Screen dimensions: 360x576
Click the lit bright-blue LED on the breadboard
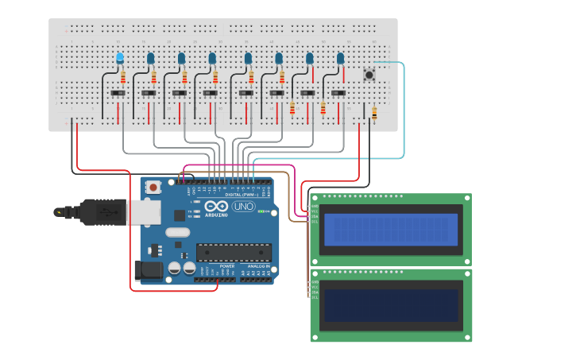tap(120, 58)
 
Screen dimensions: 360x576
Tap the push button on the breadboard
tap(369, 75)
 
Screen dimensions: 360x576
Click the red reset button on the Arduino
tap(153, 187)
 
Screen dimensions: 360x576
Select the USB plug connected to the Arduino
tap(99, 212)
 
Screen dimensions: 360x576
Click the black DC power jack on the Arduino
tap(148, 270)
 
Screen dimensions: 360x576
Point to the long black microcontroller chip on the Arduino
tap(234, 253)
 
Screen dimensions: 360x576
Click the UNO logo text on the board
tap(242, 207)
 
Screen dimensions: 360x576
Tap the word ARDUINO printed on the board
tap(216, 215)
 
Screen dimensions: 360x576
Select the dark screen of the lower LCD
tap(390, 304)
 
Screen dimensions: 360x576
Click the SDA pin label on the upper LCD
tap(315, 216)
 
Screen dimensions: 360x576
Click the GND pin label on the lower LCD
tap(315, 282)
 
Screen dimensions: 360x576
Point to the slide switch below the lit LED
tap(118, 94)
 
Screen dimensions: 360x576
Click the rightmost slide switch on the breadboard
tap(338, 94)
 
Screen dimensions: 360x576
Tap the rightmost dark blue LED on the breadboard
tap(340, 59)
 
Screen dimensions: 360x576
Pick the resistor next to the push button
tap(374, 114)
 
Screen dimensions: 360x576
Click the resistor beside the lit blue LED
tap(122, 77)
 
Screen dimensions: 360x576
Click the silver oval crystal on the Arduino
tap(178, 233)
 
